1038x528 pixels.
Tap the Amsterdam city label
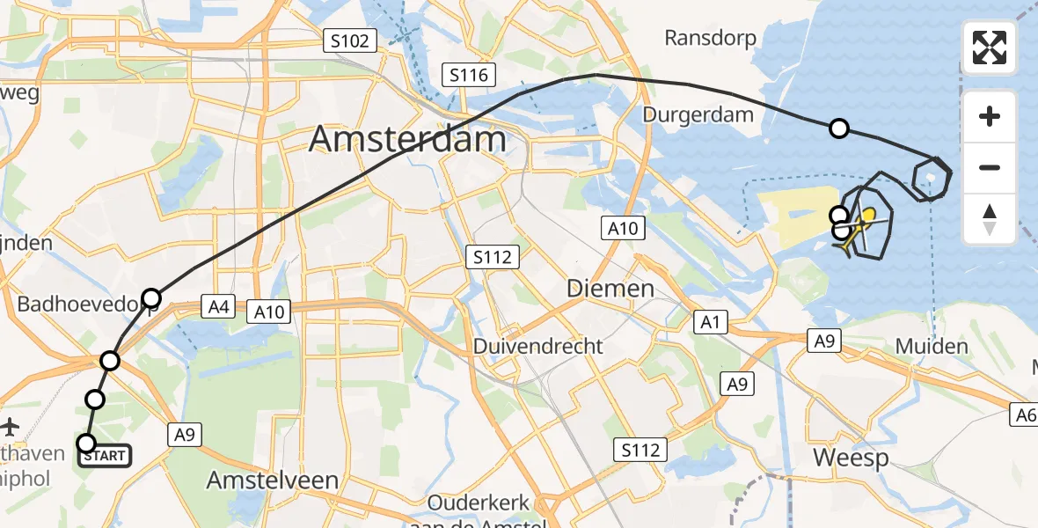[408, 140]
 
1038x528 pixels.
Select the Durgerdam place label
[698, 114]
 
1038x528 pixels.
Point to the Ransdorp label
[712, 38]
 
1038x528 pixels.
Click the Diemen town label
[610, 288]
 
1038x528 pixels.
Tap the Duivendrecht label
[538, 346]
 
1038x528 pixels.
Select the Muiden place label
[932, 346]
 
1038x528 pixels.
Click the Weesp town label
[850, 458]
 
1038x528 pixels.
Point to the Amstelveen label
[272, 480]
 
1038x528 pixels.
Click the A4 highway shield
[218, 307]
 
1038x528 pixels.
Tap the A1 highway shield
[710, 322]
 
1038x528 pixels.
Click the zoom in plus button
[990, 116]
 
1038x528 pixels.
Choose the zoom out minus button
[990, 167]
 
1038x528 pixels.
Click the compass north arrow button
[990, 218]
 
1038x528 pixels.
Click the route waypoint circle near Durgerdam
[839, 129]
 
